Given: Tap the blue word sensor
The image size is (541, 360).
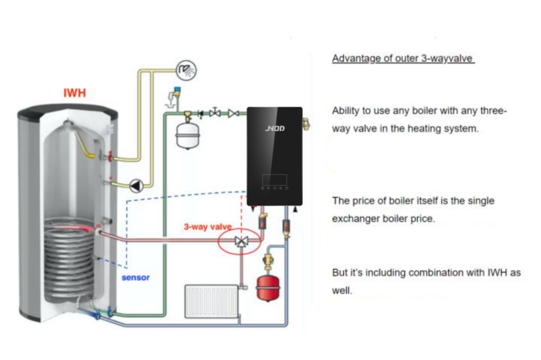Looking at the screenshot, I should pos(135,278).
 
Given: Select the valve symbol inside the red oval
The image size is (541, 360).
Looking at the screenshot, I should pos(242,242).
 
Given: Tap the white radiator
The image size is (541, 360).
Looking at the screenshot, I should pos(211,300).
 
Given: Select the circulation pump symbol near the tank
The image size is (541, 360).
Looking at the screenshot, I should pos(136,186).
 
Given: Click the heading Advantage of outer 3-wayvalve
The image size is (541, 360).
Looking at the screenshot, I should pos(403,58).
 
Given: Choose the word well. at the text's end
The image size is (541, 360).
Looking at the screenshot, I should pos(342,290).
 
